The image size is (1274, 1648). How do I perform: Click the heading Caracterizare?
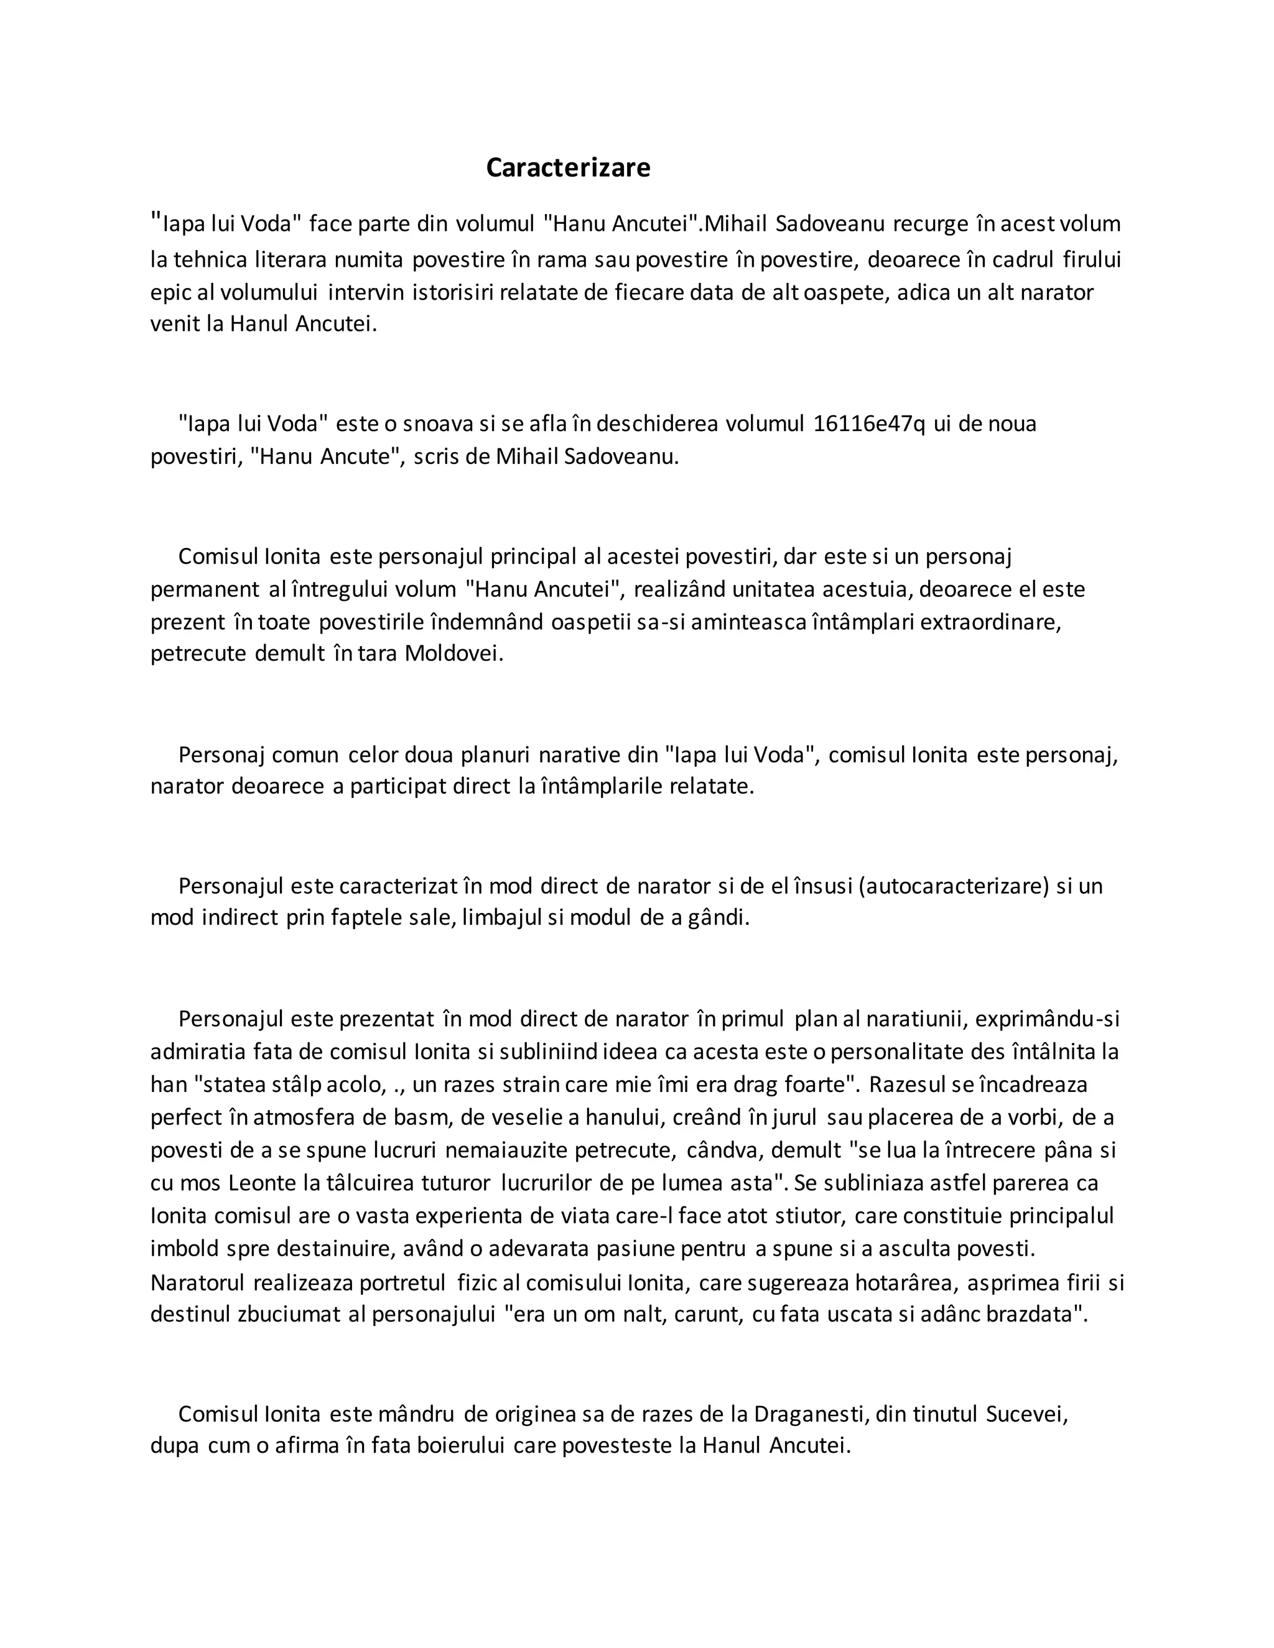[x=567, y=167]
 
